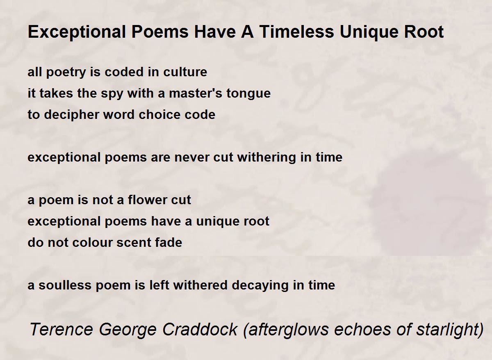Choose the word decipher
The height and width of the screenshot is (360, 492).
(x=71, y=115)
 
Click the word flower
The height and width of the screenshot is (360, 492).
(x=146, y=200)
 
